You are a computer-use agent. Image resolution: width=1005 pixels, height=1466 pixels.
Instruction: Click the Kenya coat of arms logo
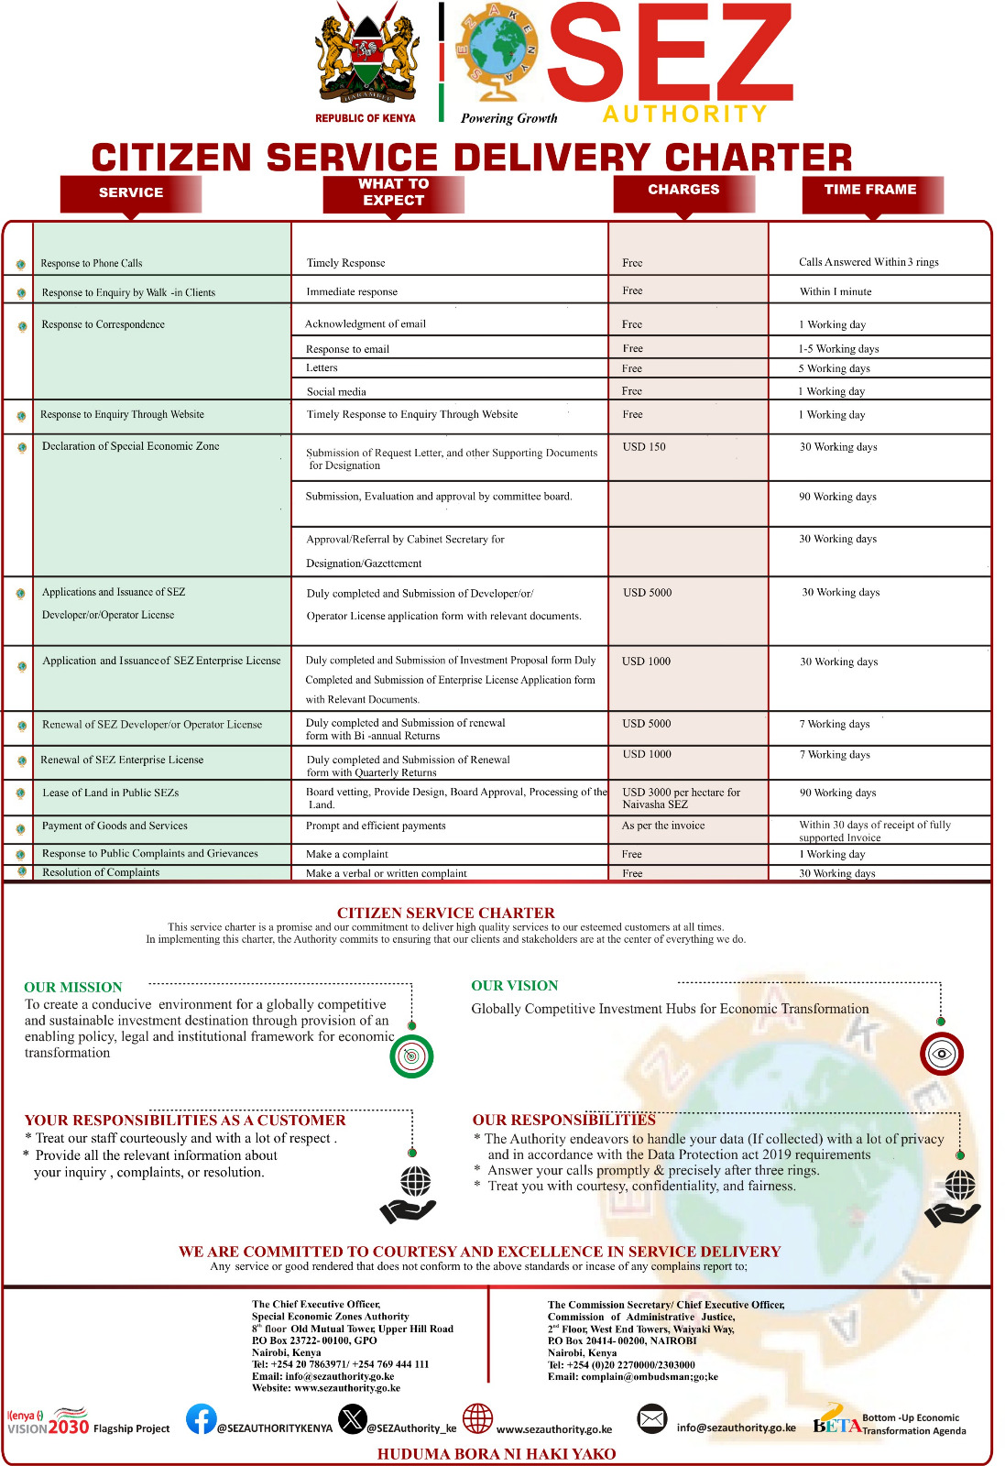coord(366,57)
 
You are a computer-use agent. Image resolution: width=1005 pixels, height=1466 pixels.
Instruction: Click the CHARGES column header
coord(683,191)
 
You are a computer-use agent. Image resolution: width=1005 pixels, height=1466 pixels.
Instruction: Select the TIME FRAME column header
coord(869,191)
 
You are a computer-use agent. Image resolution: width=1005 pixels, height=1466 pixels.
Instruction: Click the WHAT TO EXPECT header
coord(393,192)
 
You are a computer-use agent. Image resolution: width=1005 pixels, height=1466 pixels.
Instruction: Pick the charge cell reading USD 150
coord(644,447)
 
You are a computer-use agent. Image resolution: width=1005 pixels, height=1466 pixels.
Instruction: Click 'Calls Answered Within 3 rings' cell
coord(868,262)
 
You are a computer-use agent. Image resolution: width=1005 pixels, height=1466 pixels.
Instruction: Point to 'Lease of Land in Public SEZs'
coord(110,793)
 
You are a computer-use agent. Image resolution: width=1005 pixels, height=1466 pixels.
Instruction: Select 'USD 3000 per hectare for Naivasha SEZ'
coord(681,798)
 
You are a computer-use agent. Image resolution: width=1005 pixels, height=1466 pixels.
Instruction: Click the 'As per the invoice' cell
coord(663,826)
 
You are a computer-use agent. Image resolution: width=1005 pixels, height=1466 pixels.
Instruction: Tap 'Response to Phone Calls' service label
coord(92,263)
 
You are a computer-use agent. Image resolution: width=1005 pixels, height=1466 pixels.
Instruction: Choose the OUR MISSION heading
coord(73,987)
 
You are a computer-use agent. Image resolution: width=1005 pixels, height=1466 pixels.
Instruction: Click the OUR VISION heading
coord(515,986)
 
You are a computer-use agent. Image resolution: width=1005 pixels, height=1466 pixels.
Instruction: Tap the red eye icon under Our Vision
coord(942,1054)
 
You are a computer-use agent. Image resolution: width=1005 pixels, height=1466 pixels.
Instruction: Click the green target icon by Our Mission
coord(411,1056)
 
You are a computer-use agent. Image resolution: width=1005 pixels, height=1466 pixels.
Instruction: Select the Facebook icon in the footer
coord(202,1419)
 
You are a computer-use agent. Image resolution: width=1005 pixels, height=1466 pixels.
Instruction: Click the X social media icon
coord(352,1419)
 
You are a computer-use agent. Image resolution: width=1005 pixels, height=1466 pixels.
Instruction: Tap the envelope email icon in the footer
coord(651,1419)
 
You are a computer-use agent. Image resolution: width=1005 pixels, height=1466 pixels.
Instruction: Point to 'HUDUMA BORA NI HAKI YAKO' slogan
coord(497,1454)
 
